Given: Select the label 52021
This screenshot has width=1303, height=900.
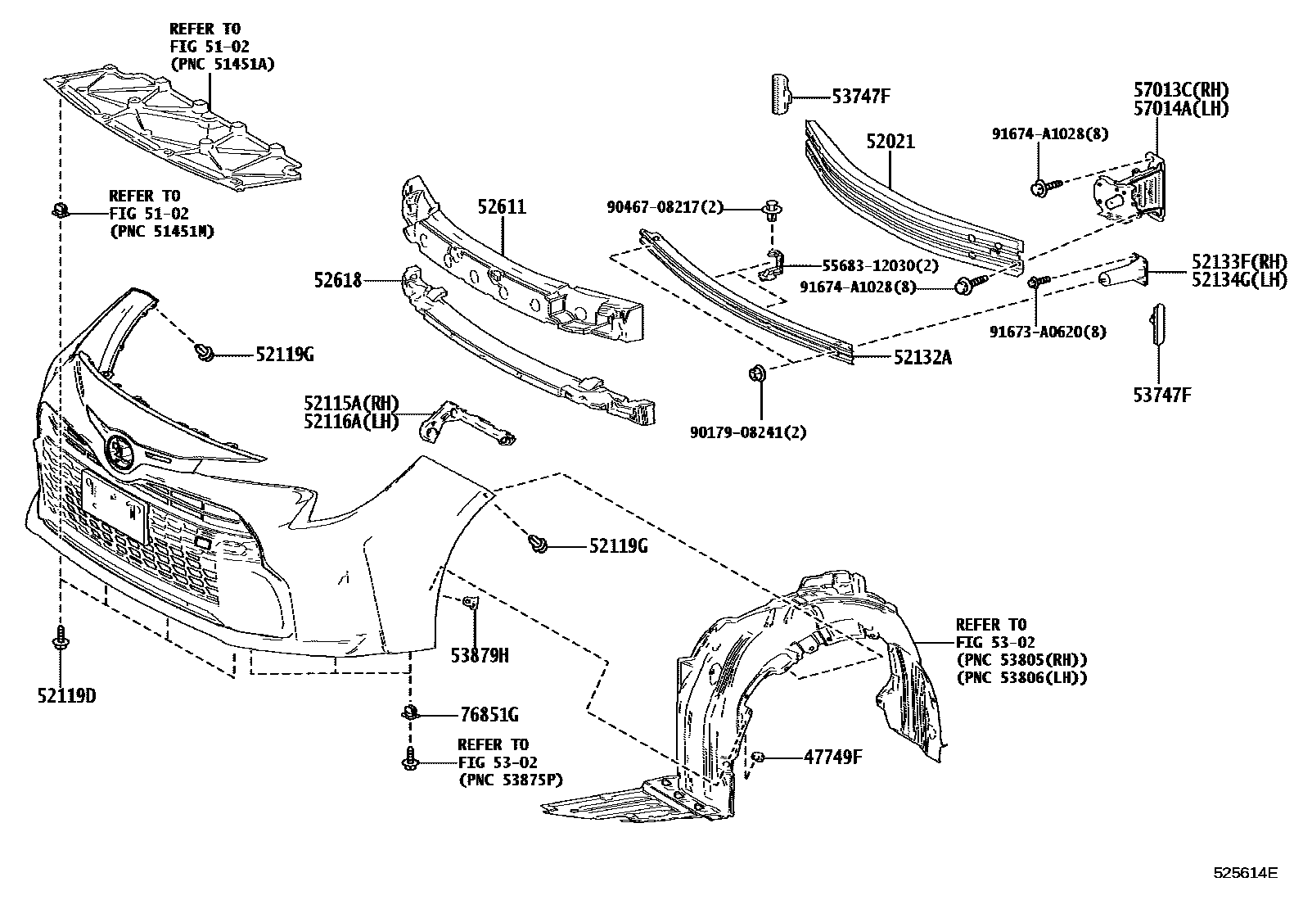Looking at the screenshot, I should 890,142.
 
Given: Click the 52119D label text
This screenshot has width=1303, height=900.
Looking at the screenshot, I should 66,695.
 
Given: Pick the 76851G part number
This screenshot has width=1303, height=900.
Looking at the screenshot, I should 489,715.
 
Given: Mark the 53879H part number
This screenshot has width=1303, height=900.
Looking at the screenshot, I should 480,655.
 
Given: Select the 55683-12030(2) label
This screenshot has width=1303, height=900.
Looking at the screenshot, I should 869,265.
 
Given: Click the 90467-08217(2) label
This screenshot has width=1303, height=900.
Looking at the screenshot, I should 665,208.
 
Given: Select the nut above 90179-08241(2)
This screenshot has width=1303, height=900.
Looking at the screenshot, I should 756,374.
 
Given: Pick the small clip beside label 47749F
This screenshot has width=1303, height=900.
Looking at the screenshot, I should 759,757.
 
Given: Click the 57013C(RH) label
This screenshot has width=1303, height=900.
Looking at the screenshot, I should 1181,90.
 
